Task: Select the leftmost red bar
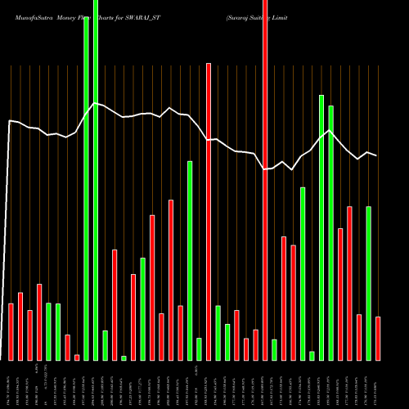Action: point(11,331)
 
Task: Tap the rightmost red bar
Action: point(378,338)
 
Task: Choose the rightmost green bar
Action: point(368,283)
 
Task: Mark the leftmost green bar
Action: point(48,331)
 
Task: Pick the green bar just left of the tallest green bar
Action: point(86,188)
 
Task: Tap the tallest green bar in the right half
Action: point(321,227)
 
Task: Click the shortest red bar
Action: point(77,357)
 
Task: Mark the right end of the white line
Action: point(376,155)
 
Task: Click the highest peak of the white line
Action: point(96,103)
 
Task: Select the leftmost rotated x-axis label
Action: point(11,383)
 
